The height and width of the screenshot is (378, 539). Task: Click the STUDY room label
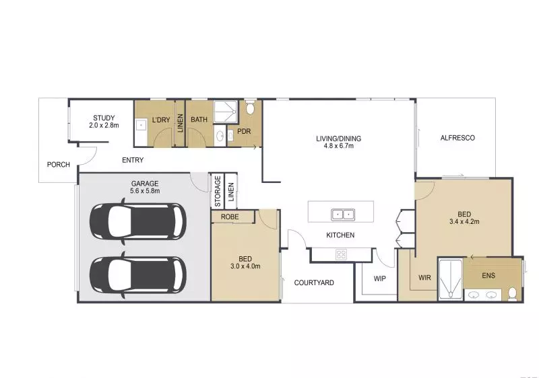pos(104,122)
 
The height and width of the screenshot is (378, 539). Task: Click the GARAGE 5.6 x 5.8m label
pos(144,187)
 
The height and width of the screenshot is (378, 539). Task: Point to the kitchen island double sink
pos(343,215)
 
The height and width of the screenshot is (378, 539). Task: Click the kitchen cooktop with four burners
pos(341,254)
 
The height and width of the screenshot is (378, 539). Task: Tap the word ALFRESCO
pos(457,138)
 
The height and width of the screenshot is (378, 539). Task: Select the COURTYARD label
pos(314,283)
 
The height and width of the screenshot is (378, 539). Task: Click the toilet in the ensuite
pos(512,293)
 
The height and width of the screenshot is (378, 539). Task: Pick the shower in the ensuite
pos(449,278)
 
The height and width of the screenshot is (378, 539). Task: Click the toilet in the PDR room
pos(250,108)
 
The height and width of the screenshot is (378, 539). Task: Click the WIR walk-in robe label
pos(424,277)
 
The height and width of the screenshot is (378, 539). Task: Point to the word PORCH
pos(58,165)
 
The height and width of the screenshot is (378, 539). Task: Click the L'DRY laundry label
pos(161,120)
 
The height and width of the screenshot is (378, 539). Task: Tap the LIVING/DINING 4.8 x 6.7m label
pos(338,142)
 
